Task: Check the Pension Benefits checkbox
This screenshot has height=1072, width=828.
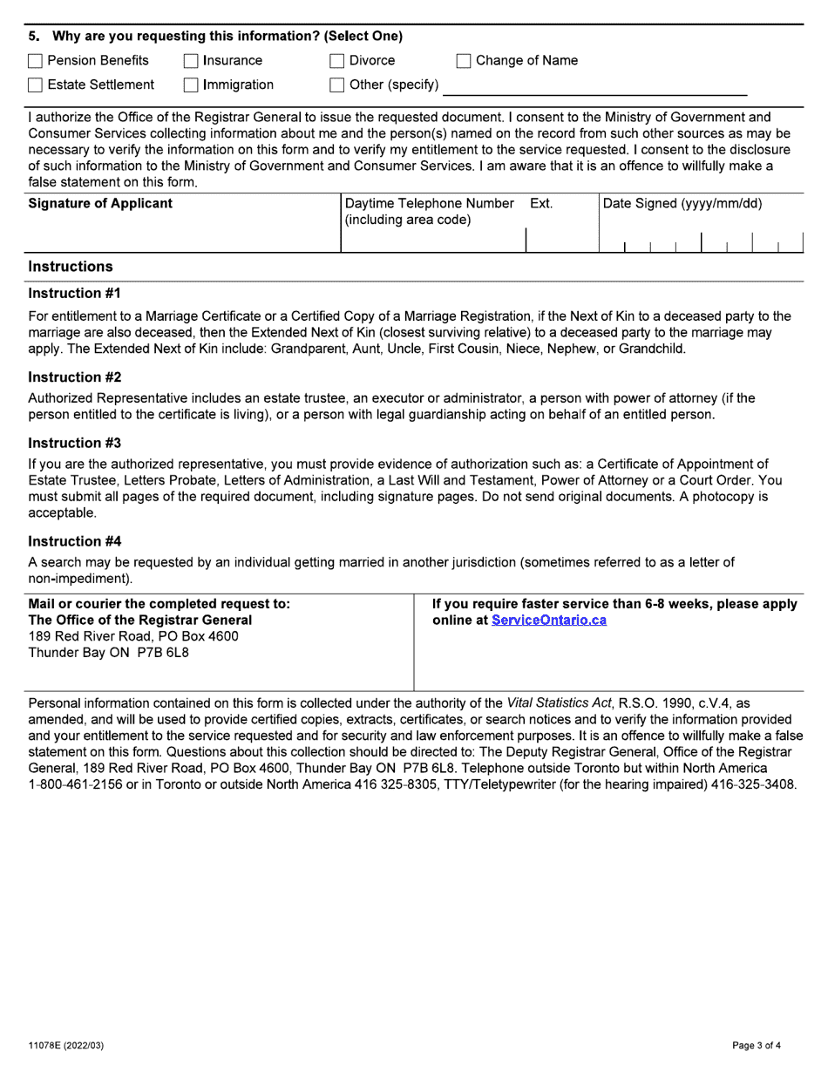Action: (x=35, y=61)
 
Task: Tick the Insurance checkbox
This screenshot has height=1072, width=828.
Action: (x=191, y=61)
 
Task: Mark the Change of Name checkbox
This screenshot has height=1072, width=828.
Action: (x=464, y=61)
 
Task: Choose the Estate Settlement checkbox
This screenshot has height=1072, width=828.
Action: (x=35, y=85)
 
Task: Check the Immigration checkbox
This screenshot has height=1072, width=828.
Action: (x=191, y=85)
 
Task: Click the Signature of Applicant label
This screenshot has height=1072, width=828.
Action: (x=100, y=204)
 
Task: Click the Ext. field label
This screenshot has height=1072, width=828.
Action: (x=540, y=204)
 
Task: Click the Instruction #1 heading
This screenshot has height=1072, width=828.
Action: (x=74, y=294)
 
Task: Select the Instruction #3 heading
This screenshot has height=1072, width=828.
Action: (x=74, y=443)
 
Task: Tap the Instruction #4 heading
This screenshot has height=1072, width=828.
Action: (x=74, y=541)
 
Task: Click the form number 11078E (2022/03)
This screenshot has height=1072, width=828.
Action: (x=66, y=1045)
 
